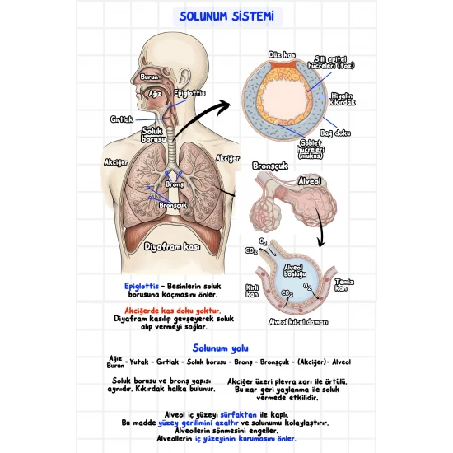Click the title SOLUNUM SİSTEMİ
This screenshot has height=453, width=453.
[x=226, y=16]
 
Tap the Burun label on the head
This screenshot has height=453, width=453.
[x=149, y=77]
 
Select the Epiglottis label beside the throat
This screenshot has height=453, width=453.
[x=189, y=93]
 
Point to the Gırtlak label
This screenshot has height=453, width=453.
[x=122, y=119]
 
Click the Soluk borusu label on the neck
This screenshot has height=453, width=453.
[x=154, y=135]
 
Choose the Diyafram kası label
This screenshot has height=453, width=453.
[x=172, y=247]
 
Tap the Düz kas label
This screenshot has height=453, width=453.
[x=282, y=54]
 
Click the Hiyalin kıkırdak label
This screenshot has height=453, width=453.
[x=342, y=99]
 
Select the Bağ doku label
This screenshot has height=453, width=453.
[x=335, y=133]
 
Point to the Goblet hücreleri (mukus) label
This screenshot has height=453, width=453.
[x=311, y=149]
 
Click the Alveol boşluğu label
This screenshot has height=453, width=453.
[x=294, y=271]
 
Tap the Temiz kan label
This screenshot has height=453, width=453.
[x=344, y=285]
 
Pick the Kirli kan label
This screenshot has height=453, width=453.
[x=252, y=291]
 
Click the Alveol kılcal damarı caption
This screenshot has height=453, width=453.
[x=298, y=322]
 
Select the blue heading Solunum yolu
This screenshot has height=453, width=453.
[x=220, y=348]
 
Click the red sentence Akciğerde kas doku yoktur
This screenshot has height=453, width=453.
[x=172, y=311]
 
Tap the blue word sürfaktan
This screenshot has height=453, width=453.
[x=238, y=415]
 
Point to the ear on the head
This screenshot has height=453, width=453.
[x=184, y=78]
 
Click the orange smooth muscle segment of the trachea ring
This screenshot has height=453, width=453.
[x=283, y=64]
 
